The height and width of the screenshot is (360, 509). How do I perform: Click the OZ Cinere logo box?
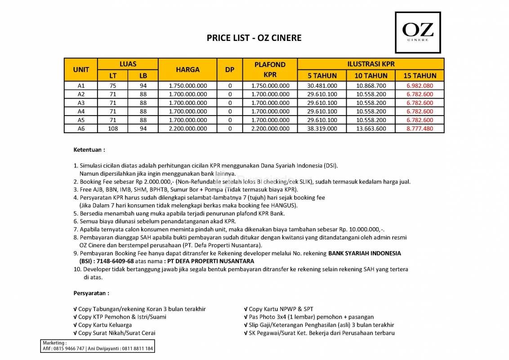[417, 32]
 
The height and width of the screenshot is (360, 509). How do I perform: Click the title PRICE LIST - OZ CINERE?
[254, 38]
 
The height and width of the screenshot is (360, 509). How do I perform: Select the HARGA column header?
[188, 70]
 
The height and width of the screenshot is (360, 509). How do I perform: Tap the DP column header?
[230, 70]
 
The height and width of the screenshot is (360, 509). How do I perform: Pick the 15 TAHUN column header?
[420, 76]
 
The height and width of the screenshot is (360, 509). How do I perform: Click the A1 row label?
[81, 85]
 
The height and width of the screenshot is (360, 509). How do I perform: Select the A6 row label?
[81, 128]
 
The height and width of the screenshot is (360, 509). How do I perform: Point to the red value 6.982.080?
[420, 85]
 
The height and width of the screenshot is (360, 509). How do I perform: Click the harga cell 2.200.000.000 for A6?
[188, 128]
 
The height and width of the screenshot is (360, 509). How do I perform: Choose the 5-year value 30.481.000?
[322, 85]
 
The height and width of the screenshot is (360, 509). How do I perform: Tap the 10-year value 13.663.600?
[371, 128]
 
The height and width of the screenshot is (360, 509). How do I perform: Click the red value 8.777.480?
[420, 128]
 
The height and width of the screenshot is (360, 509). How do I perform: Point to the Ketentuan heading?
[89, 149]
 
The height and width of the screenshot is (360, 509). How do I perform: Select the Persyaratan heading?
[91, 293]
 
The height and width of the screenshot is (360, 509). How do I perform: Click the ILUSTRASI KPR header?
[371, 64]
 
